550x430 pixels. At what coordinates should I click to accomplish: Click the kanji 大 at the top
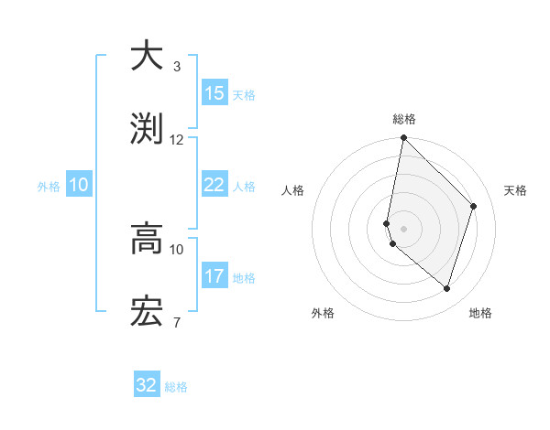click(x=148, y=56)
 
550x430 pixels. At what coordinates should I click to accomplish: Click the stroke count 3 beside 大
click(x=176, y=67)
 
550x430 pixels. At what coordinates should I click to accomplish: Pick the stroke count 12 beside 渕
click(x=177, y=139)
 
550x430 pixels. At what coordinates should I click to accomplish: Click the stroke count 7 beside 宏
click(x=176, y=322)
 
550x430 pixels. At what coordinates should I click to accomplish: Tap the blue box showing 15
click(x=214, y=93)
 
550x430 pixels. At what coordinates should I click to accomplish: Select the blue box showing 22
click(x=214, y=185)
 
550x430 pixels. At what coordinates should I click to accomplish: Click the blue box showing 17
click(x=214, y=275)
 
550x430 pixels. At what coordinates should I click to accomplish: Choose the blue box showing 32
click(x=147, y=385)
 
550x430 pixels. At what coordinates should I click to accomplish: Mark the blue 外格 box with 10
click(x=79, y=185)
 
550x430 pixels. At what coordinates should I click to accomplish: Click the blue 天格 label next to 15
click(x=244, y=95)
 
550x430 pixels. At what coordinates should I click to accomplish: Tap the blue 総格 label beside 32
click(x=176, y=387)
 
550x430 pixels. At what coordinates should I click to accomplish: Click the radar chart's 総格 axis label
click(x=404, y=119)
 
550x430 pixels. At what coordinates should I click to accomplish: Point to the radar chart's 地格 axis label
click(x=480, y=313)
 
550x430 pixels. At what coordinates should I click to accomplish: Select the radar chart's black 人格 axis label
click(x=293, y=190)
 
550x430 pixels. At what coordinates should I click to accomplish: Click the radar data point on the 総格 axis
click(x=403, y=138)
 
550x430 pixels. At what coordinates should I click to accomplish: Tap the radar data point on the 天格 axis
click(x=474, y=206)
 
